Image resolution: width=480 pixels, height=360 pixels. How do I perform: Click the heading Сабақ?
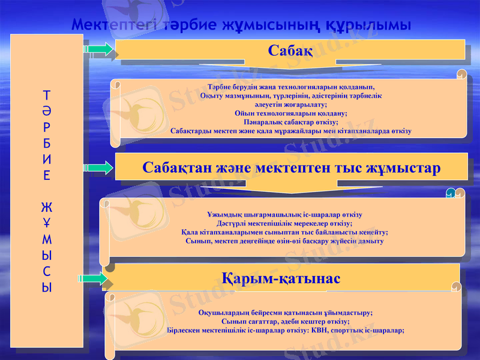[290, 50]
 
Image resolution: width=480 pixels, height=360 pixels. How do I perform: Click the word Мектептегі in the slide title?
[114, 25]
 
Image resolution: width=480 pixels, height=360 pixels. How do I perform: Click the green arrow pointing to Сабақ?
[98, 49]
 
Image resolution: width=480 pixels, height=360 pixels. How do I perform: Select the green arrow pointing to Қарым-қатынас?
[92, 278]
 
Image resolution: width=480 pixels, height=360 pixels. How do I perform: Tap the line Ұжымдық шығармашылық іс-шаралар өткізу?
[284, 214]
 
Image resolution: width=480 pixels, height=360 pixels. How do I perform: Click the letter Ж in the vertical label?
[46, 208]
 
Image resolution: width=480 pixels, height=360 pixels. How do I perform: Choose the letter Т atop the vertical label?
[46, 95]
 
